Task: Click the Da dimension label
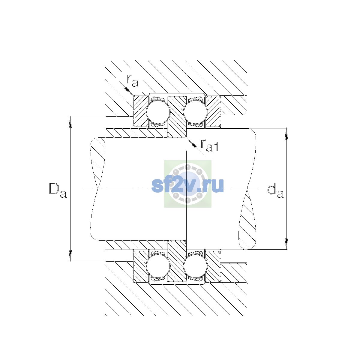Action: [x=58, y=190]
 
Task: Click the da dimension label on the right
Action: [x=275, y=191]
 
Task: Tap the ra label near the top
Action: [x=133, y=81]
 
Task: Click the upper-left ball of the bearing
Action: [x=158, y=112]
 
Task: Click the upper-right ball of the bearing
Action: [x=195, y=112]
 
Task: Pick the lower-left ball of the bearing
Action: [x=158, y=266]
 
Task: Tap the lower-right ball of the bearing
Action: [x=195, y=266]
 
